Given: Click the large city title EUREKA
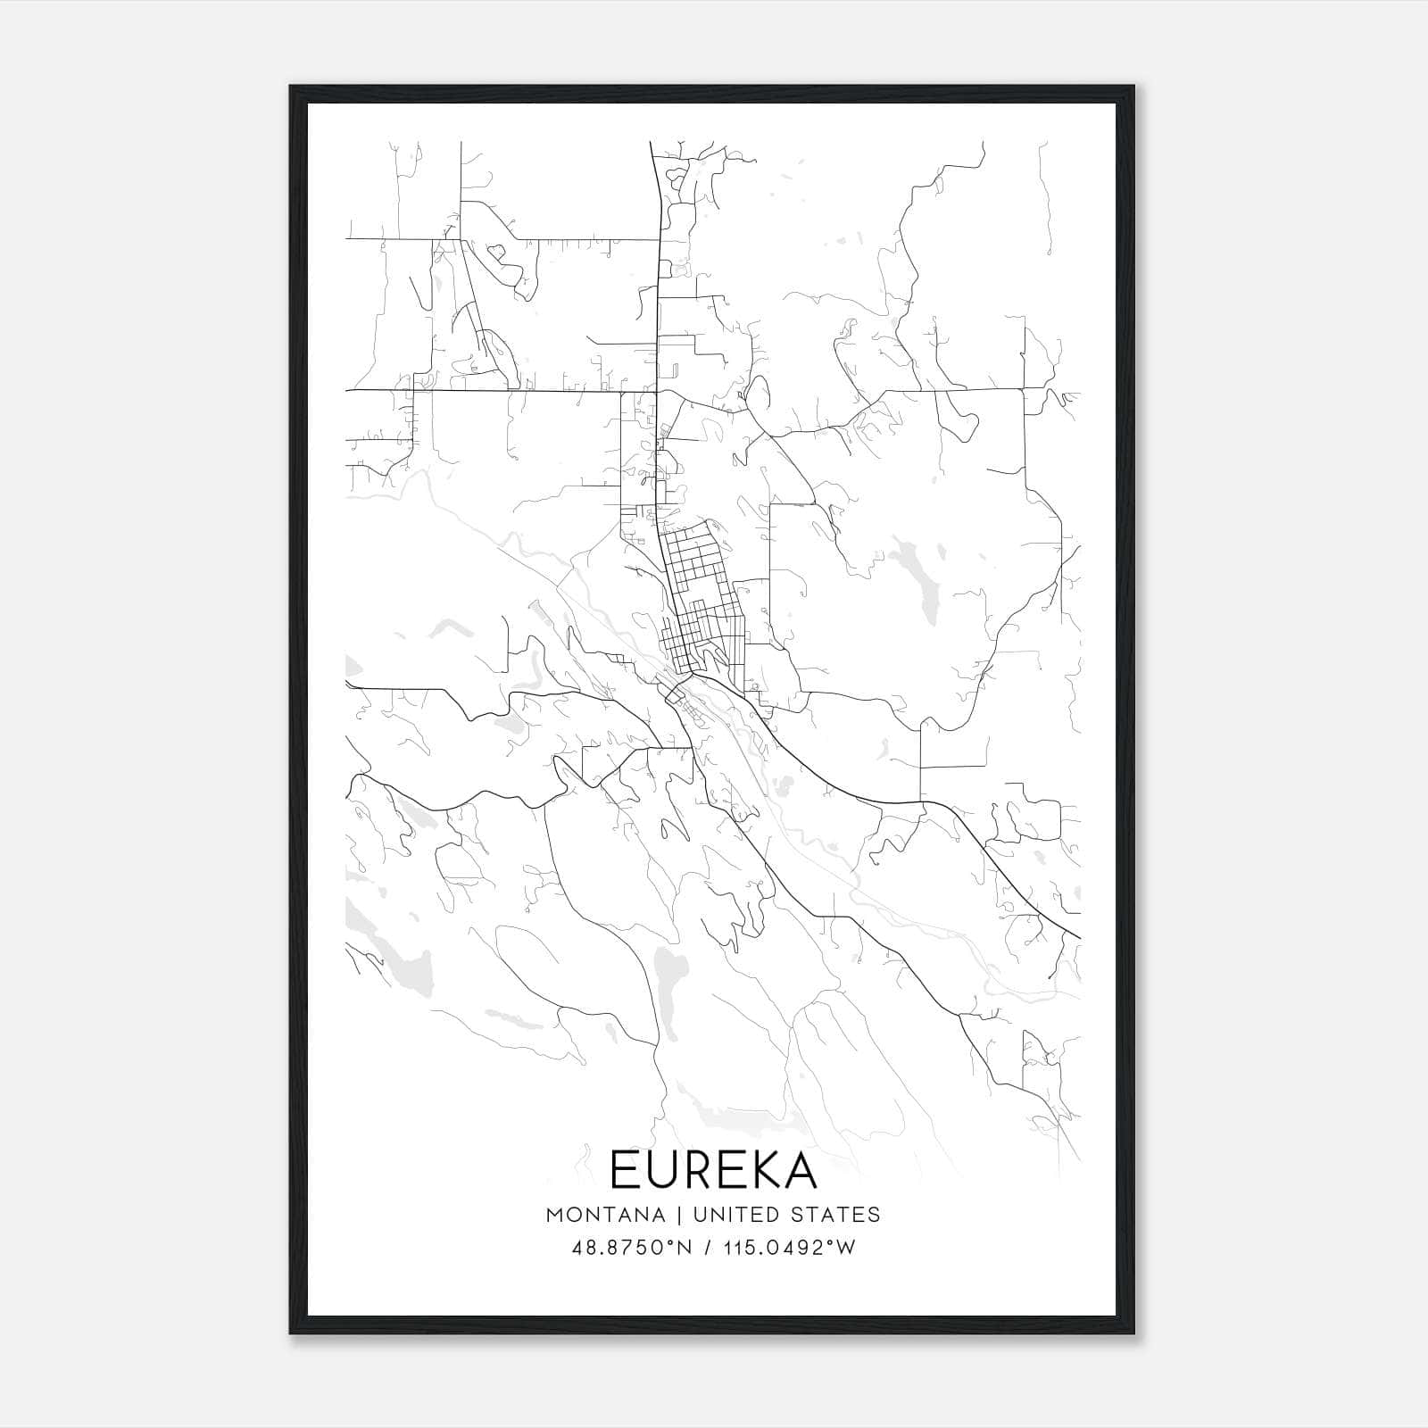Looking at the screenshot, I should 713,1169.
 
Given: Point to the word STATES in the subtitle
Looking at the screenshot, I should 836,1215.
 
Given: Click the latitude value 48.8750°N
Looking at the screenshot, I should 632,1248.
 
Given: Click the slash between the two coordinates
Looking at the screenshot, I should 707,1248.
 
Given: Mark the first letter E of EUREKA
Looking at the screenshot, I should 624,1169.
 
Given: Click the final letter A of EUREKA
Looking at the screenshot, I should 800,1169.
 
